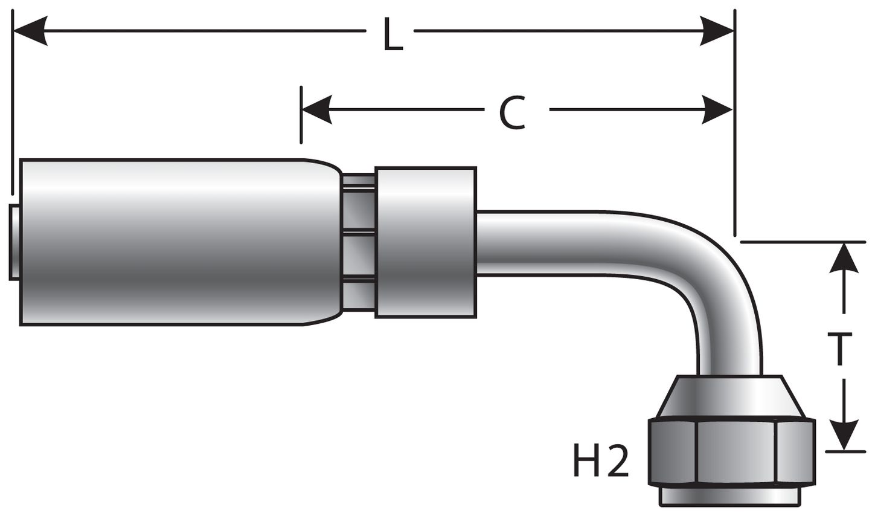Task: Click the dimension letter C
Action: pos(512,113)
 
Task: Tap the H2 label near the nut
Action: pos(601,462)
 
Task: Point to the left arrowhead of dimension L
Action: pos(30,30)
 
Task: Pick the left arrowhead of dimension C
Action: pos(318,110)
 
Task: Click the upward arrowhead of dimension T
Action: pos(844,259)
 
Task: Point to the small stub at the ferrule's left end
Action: pos(14,242)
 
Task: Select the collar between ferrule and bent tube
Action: pos(425,242)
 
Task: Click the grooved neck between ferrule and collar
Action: pos(357,242)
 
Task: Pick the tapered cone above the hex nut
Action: pos(731,396)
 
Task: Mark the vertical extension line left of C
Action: pos(301,115)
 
